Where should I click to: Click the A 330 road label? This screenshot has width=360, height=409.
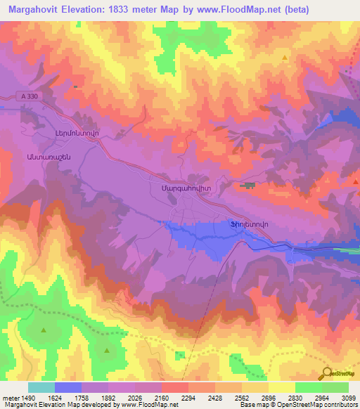pyautogui.click(x=28, y=97)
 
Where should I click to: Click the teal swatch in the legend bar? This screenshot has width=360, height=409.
pyautogui.click(x=41, y=387)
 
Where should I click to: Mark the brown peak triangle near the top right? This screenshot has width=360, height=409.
pyautogui.click(x=285, y=58)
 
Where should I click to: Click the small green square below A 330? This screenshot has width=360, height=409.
pyautogui.click(x=75, y=86)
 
